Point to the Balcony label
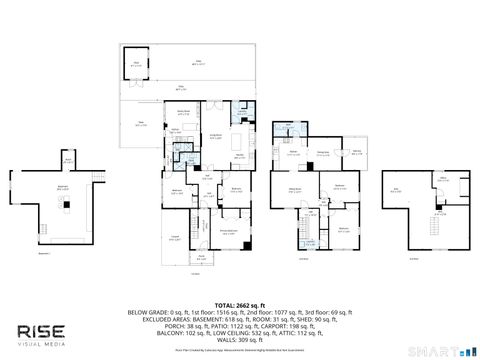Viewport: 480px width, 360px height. click(x=356, y=152)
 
